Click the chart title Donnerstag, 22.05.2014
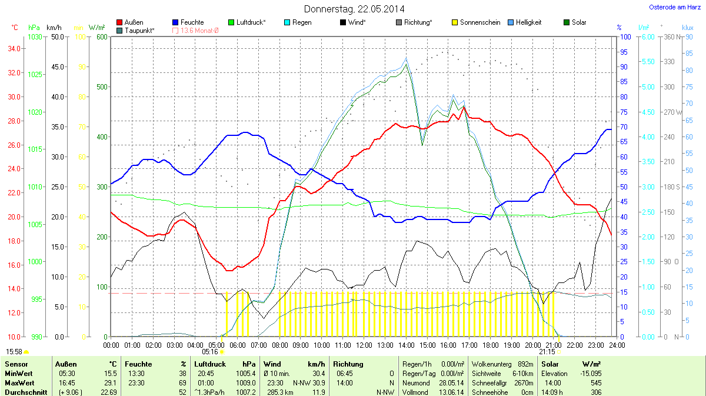click(354, 9)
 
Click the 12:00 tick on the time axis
click(364, 345)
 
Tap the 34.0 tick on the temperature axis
click(15, 49)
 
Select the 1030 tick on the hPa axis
click(35, 37)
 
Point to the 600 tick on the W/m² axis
click(102, 37)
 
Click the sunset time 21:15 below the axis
click(548, 351)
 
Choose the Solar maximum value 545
click(595, 383)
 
